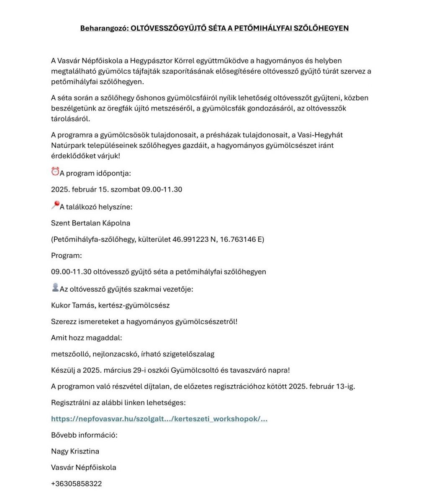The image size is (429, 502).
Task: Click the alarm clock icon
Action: (55, 172)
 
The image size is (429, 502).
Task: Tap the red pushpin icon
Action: (55, 205)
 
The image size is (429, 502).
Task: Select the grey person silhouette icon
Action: (55, 287)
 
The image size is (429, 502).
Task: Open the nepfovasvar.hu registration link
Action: (159, 419)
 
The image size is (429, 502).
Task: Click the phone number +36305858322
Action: (76, 484)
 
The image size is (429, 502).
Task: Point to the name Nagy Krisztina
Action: (75, 451)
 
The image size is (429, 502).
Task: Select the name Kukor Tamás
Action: (73, 305)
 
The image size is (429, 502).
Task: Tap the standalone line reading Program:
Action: (66, 256)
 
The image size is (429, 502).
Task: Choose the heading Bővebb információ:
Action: (84, 435)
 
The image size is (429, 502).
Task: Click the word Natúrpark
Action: (67, 146)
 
